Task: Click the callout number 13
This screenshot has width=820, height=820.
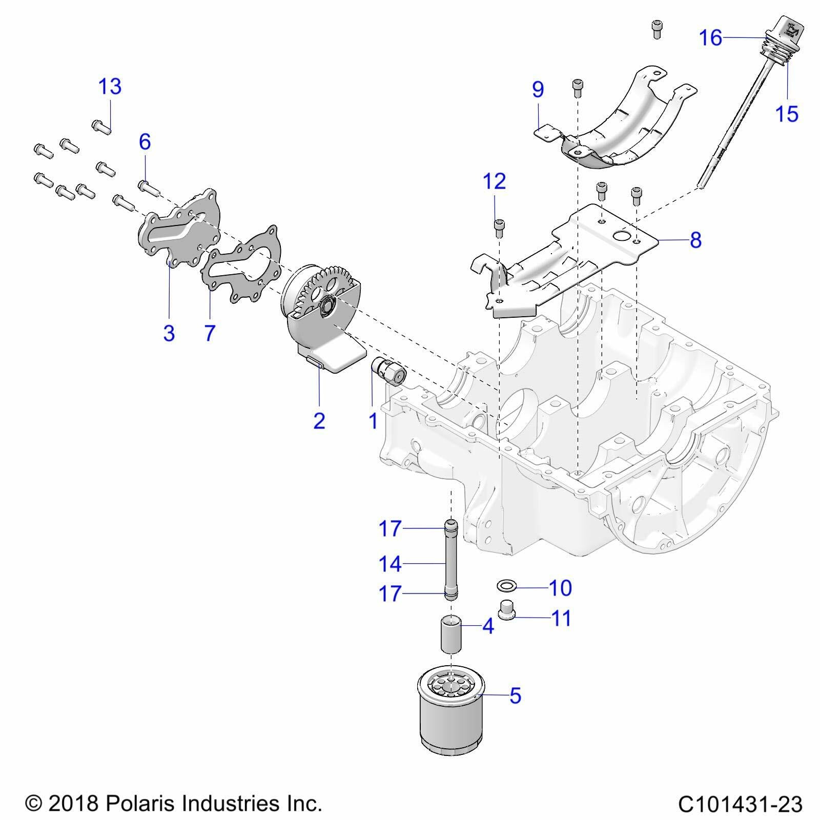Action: (110, 87)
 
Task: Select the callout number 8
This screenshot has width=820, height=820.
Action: (695, 240)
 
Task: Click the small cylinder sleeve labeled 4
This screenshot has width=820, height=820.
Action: (451, 635)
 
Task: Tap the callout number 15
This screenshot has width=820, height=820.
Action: (787, 113)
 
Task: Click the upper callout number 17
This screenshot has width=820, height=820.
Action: (390, 528)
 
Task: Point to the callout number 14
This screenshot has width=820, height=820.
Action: (390, 564)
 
